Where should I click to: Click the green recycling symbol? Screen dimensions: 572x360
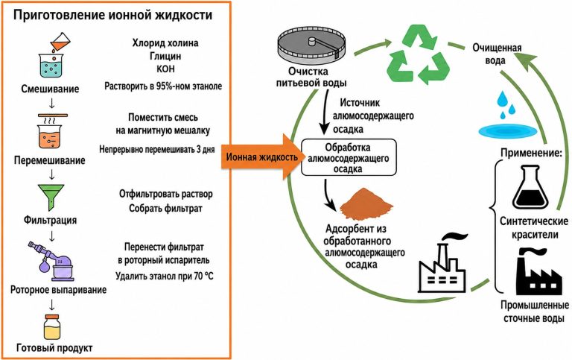coord(418,54)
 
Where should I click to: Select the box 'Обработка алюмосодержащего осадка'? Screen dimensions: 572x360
coord(349,157)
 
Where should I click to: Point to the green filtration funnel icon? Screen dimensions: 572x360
coord(51,198)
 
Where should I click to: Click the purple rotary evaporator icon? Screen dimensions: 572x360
coord(52,261)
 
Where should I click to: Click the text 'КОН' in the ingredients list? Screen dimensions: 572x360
coord(165,69)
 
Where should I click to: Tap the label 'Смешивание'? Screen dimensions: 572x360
coord(50,89)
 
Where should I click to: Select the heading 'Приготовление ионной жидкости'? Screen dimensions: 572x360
coord(112,16)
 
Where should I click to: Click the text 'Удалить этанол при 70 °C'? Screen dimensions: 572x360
coord(165,276)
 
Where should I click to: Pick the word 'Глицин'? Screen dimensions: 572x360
coord(165,56)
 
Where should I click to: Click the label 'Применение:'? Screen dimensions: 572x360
coord(531,153)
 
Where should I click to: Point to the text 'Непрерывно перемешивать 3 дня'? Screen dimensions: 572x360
coord(157,149)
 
